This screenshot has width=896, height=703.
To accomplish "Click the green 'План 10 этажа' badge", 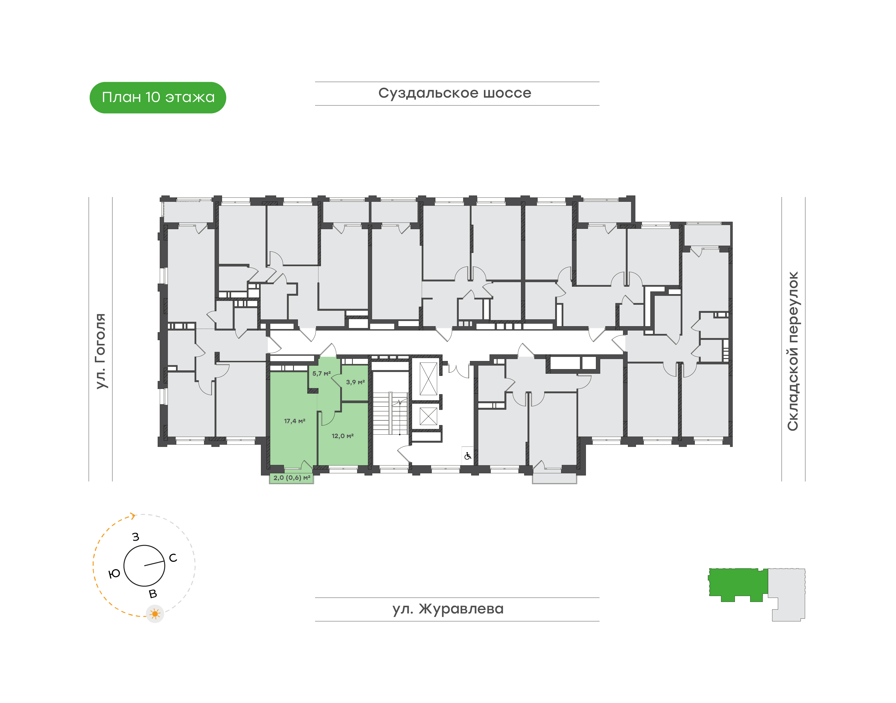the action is coord(158,98).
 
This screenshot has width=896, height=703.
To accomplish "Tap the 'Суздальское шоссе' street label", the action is coord(455,93).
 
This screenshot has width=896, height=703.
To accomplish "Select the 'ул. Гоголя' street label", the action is coord(100,351).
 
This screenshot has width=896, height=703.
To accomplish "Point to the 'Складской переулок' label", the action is coord(793,351).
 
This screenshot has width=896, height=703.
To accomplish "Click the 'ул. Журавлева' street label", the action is coord(448,609).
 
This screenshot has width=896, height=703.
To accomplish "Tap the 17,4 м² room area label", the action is coord(295,421).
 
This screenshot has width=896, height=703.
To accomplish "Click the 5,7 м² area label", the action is coord(322,374).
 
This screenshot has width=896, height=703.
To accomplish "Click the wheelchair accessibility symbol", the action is coord(467,456).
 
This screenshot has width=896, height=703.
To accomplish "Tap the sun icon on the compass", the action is coord(155,614).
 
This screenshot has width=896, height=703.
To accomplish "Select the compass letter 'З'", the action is coord(136,537).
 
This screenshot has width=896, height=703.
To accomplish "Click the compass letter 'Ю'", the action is coord(114,574).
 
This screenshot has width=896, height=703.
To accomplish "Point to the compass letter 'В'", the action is coord(153,594).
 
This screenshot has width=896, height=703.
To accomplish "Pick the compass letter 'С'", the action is coord(173,558).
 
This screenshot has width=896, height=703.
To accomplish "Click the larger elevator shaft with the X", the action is coord(428,379).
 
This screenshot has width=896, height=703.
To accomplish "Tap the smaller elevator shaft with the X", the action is coord(428,416).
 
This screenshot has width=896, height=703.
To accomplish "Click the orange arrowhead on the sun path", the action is coord(132,516).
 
